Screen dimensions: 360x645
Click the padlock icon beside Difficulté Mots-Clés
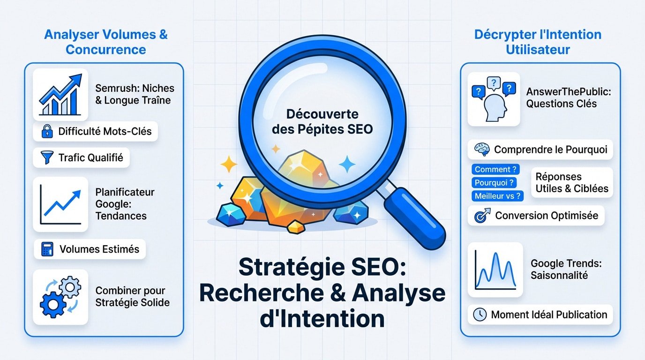tap(47, 132)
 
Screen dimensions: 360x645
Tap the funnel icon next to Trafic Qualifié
tap(47, 158)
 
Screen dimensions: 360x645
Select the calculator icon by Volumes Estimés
tap(48, 249)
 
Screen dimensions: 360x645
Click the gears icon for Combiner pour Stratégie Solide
tap(60, 297)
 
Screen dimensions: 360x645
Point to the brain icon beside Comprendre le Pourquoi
tap(482, 150)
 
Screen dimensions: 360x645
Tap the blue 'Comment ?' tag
tap(495, 170)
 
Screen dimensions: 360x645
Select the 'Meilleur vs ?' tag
tap(497, 196)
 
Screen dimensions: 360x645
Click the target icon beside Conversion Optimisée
tap(482, 216)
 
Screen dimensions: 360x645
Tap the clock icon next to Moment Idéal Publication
tap(480, 315)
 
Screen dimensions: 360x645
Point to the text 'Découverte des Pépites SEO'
tap(322, 121)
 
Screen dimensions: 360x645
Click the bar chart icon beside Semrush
tap(60, 94)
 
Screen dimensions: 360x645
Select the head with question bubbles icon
tap(494, 99)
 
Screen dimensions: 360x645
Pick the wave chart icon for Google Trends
tap(495, 269)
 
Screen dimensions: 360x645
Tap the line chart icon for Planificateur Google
tap(60, 204)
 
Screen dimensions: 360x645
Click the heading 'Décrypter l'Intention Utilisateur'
tap(538, 42)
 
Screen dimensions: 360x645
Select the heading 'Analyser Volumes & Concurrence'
tap(106, 42)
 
